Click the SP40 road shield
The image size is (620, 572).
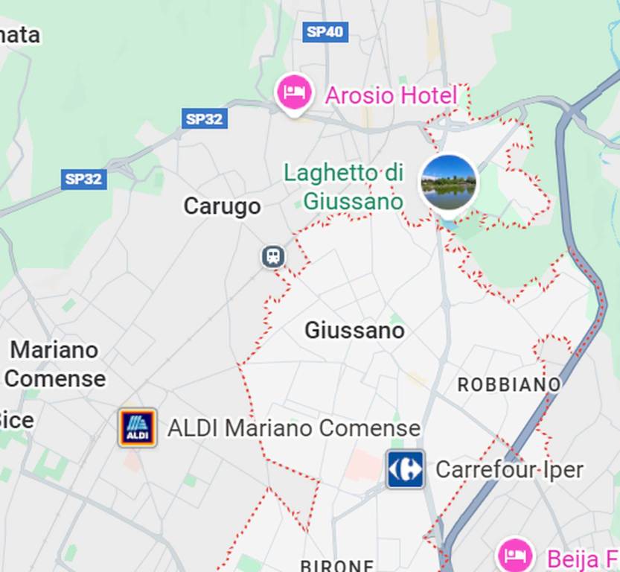(x=326, y=31)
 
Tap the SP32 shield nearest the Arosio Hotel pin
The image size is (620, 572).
(x=205, y=118)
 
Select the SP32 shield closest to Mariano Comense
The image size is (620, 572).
(x=83, y=179)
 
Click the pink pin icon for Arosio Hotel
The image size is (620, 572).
(x=294, y=93)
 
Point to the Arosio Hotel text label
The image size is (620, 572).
(x=391, y=95)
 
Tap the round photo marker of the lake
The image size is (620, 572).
(x=448, y=182)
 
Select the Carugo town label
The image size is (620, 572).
(x=222, y=206)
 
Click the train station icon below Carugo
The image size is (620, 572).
(x=273, y=257)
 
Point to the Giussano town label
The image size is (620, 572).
(x=354, y=330)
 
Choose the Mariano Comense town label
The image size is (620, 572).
(x=54, y=364)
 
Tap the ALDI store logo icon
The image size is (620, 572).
(x=137, y=428)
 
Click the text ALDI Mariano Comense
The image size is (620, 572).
(x=293, y=428)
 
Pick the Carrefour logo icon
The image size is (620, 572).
(x=405, y=469)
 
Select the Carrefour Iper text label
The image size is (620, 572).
(x=509, y=470)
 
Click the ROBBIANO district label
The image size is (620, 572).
(x=509, y=384)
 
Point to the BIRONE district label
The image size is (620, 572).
(x=336, y=565)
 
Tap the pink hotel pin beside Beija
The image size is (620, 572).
(x=515, y=554)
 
